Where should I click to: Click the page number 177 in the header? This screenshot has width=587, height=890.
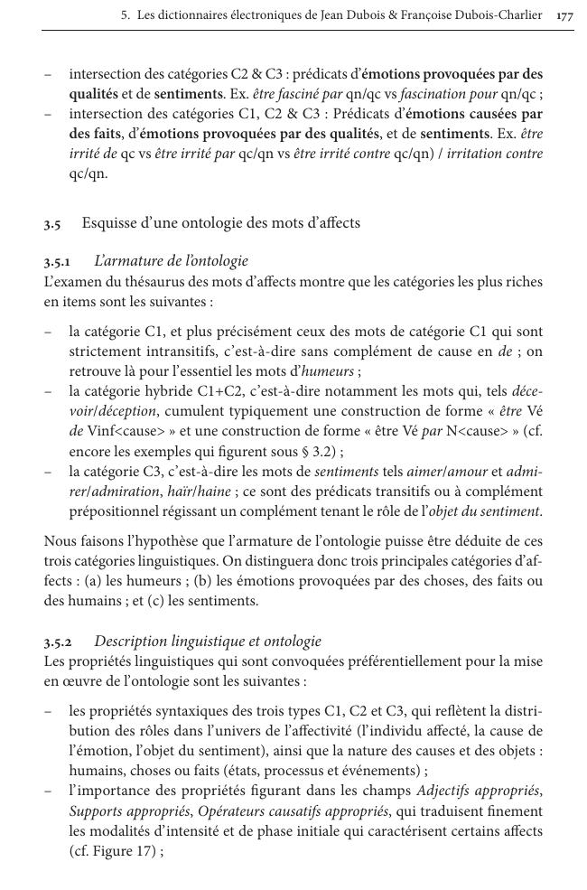565,15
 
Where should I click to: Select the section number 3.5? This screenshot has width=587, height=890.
51,223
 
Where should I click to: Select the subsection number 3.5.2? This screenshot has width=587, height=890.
60,642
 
